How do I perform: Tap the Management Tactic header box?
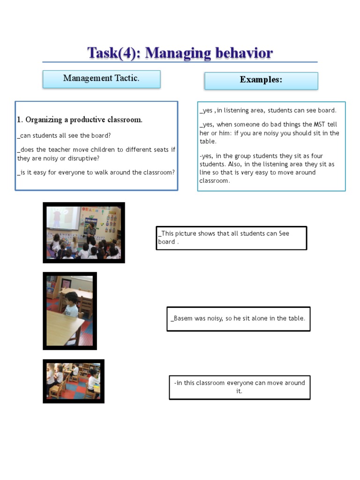pos(101,79)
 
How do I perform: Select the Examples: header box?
pos(261,80)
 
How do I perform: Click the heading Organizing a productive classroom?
pos(80,120)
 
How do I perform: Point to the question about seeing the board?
pos(65,135)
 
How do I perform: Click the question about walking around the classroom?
pos(96,172)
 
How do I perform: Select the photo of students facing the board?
pos(83,232)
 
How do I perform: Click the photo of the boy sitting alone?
pos(69,310)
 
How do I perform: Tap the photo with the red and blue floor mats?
pos(73,381)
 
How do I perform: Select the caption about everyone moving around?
pos(239,387)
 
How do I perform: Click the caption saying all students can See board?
pos(231,238)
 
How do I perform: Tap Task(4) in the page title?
pos(113,53)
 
